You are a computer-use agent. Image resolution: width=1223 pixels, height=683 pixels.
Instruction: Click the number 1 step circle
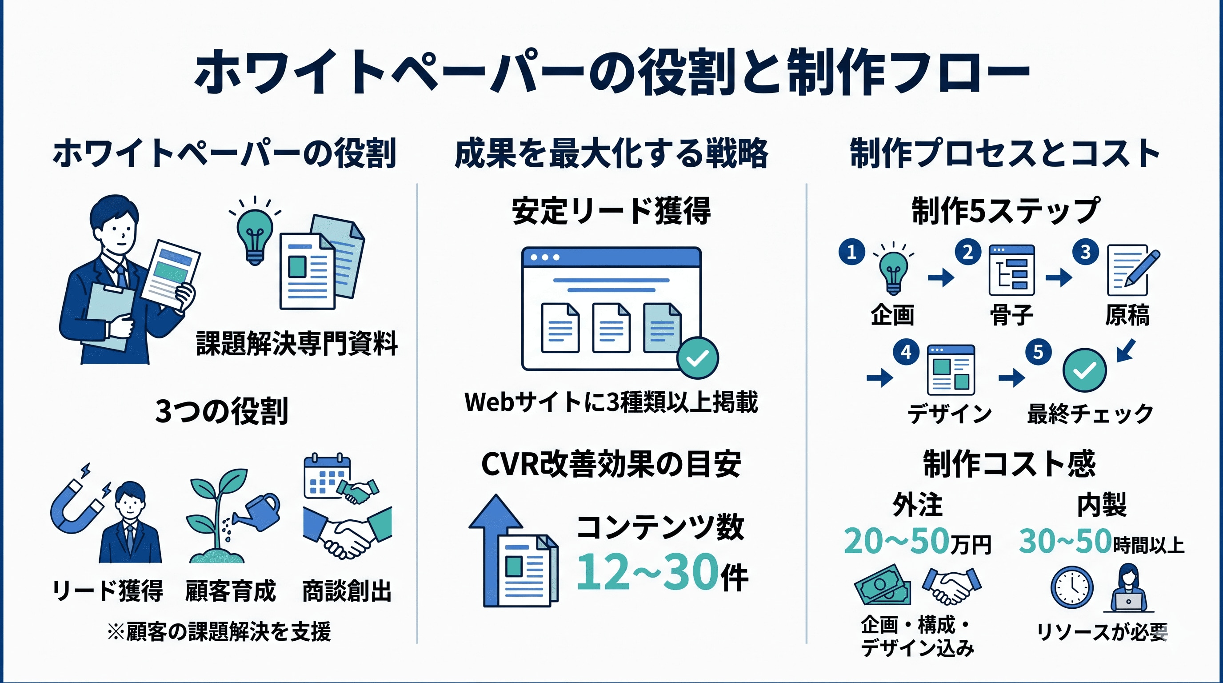tap(852, 252)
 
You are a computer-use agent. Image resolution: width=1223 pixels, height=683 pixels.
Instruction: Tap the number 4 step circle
tap(906, 352)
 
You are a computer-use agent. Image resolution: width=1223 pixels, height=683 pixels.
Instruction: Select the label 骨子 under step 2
tap(1011, 315)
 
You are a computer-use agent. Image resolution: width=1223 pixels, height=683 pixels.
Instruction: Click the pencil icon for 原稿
tap(1141, 269)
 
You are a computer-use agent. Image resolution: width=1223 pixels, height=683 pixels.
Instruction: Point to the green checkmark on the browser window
tap(697, 358)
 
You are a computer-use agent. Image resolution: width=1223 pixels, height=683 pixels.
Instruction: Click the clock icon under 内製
tap(1072, 587)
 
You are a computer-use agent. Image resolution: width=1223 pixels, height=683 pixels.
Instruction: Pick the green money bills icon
tap(882, 585)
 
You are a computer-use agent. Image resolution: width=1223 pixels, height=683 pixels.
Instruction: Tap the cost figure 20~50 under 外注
tap(896, 542)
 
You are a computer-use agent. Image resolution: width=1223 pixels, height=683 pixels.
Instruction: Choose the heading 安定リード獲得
tap(611, 211)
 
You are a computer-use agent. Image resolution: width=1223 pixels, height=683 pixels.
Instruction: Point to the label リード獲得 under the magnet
tap(107, 591)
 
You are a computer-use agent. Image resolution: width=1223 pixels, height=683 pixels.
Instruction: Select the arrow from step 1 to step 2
tap(940, 277)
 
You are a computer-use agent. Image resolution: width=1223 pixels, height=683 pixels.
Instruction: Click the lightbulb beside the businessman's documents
tap(255, 232)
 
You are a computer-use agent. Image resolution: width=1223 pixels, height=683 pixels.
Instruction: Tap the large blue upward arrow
tap(495, 550)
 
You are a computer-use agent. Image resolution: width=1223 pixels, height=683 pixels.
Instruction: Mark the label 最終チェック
tap(1090, 414)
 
